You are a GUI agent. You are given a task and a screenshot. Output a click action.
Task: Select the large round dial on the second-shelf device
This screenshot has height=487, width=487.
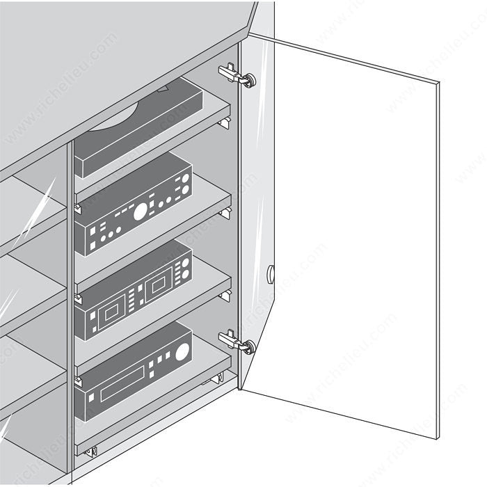[x=140, y=211]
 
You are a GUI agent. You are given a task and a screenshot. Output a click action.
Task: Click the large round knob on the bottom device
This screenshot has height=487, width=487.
[x=182, y=352]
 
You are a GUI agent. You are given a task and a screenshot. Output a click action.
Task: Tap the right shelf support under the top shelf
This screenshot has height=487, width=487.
[x=224, y=123]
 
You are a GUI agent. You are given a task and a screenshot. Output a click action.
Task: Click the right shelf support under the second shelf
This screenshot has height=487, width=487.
[x=225, y=211]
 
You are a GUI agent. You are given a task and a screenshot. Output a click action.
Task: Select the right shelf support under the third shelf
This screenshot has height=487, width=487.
[x=225, y=296]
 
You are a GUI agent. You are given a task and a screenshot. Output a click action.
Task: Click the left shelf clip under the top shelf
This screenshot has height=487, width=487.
[x=77, y=207]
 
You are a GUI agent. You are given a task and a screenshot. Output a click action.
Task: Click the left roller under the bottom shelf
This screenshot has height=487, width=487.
[x=90, y=451]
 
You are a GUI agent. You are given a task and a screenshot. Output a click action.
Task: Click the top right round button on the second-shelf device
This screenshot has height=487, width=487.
[x=186, y=178]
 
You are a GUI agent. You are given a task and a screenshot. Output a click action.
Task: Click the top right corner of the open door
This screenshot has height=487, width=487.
[x=439, y=83]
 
